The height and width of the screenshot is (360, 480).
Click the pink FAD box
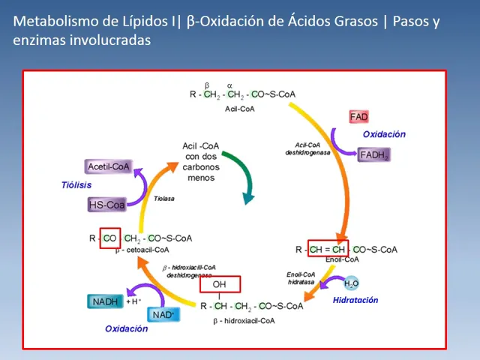click(359, 117)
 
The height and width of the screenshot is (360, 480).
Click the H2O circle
click(351, 283)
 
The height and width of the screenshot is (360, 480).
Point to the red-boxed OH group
click(219, 284)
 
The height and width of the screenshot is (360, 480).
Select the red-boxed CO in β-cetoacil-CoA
click(109, 238)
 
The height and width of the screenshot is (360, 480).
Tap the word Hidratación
click(355, 300)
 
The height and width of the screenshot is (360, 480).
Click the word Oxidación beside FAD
click(384, 134)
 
